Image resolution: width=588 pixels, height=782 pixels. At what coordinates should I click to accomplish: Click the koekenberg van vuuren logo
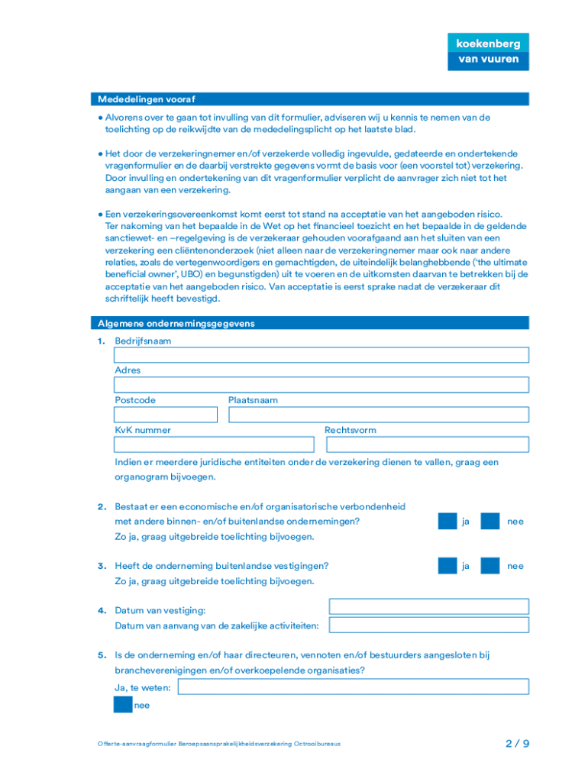click(488, 51)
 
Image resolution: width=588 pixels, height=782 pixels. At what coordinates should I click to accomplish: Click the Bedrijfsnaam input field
click(321, 355)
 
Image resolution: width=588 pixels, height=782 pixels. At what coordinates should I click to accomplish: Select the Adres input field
click(321, 385)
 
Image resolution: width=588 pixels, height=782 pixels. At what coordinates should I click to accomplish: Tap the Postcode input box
click(166, 415)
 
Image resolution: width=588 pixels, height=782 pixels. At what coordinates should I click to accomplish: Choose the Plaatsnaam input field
click(378, 415)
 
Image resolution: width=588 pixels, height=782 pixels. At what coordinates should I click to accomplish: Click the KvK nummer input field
click(214, 444)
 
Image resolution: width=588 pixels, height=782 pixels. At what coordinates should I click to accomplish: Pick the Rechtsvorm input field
click(427, 444)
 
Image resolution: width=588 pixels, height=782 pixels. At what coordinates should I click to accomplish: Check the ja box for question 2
click(447, 522)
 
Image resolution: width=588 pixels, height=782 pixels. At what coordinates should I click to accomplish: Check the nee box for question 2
click(490, 522)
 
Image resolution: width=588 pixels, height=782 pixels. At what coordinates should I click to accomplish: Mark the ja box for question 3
click(447, 566)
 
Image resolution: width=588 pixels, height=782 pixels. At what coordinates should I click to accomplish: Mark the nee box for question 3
click(490, 566)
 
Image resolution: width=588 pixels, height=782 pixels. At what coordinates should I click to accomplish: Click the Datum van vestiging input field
click(428, 606)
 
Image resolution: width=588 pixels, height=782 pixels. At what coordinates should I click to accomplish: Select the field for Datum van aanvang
click(428, 625)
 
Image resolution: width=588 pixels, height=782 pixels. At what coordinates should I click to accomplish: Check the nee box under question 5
click(122, 705)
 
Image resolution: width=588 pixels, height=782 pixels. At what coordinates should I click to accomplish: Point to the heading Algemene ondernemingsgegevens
click(176, 324)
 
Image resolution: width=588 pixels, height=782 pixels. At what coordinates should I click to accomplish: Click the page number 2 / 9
click(517, 743)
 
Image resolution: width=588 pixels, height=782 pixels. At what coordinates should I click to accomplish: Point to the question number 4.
click(101, 611)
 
